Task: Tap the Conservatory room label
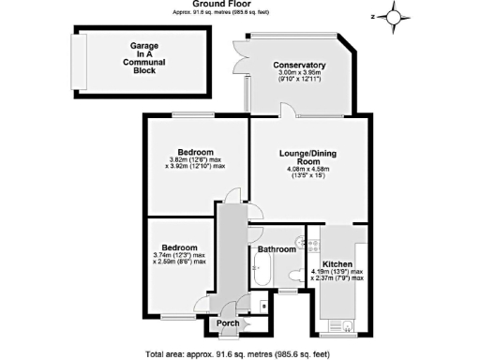298,65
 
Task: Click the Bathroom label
277,250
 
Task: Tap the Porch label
228,323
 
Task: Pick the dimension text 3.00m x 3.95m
298,74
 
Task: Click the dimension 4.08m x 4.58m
302,171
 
